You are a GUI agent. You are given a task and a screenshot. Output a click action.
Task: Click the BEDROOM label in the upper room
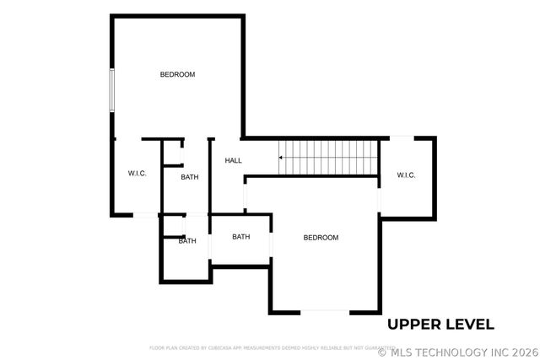tap(177, 74)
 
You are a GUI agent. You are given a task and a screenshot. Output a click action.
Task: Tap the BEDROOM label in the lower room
tap(321, 238)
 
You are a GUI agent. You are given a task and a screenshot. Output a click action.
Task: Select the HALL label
tap(233, 160)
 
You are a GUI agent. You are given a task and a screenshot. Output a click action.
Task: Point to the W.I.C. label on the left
tap(138, 174)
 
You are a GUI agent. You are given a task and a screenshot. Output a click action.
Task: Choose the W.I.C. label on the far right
tap(406, 175)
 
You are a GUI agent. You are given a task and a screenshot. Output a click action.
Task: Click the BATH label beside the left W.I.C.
tap(190, 177)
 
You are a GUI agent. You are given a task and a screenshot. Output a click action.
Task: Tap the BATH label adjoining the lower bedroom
tap(241, 237)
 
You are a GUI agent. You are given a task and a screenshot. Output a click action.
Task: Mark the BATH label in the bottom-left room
tap(186, 241)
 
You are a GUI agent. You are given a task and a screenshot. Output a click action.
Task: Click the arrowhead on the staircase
tap(282, 157)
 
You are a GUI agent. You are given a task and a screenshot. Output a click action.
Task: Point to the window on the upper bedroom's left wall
tap(111, 89)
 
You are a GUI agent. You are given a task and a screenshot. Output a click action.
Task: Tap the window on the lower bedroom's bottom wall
tap(325, 311)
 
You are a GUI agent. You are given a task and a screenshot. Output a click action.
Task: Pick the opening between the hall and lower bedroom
tap(245, 197)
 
